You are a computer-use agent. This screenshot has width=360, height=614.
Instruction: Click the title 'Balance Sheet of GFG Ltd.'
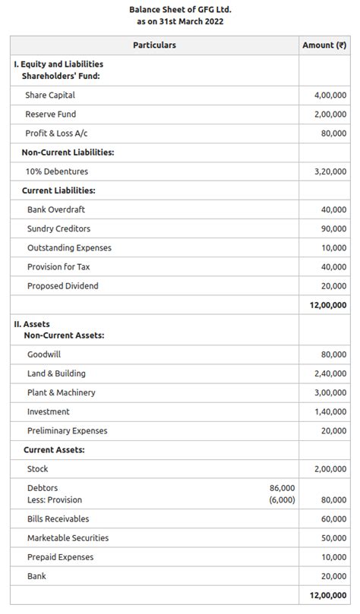click(x=180, y=9)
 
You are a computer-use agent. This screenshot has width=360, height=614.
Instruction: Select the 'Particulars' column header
click(x=154, y=46)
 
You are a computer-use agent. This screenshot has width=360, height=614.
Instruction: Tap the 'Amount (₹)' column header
click(x=324, y=46)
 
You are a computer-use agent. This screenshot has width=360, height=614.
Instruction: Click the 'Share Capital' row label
click(x=50, y=96)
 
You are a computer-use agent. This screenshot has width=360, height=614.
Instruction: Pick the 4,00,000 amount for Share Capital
click(x=330, y=96)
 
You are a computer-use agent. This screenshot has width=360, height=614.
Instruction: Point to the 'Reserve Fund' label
click(x=50, y=115)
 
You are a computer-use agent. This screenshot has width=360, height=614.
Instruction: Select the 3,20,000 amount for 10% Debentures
click(x=330, y=172)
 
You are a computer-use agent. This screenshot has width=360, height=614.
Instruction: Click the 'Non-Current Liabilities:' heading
click(x=68, y=153)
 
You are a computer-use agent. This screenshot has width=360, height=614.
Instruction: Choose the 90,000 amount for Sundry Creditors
click(x=333, y=229)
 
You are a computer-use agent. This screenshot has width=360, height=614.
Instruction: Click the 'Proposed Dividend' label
click(x=62, y=286)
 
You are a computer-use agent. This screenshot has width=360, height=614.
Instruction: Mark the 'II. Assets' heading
click(x=32, y=324)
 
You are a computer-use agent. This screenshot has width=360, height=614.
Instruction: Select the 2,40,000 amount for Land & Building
click(x=330, y=374)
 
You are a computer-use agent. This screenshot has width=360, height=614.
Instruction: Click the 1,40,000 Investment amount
click(x=330, y=412)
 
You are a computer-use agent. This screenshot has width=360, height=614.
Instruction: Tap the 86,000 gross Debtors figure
click(x=283, y=488)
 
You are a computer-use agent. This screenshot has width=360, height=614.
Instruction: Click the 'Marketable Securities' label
click(x=68, y=538)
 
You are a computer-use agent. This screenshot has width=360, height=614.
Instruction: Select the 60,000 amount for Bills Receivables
click(x=333, y=519)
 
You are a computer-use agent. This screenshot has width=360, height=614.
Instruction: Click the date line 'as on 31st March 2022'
click(x=180, y=21)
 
